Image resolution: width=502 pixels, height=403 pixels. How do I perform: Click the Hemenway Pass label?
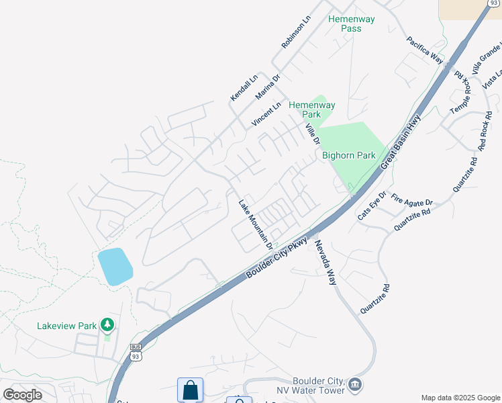pos(346,24)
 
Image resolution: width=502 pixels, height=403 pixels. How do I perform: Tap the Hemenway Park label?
pos(312,110)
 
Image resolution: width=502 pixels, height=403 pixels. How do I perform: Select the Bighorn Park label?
pos(349,155)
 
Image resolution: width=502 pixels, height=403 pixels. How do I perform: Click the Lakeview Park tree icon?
pos(107,325)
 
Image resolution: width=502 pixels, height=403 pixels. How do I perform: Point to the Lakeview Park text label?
pos(67,326)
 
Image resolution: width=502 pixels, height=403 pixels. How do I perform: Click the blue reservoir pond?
pos(115,267)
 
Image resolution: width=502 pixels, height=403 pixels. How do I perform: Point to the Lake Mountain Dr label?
pos(256,223)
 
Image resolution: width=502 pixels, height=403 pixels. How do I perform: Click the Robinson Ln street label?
pos(296,32)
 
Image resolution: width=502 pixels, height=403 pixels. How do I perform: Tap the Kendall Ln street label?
pos(244,88)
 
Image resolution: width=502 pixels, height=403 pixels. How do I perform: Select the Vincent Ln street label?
pos(266,115)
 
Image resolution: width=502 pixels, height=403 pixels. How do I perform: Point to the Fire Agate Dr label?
pos(412,201)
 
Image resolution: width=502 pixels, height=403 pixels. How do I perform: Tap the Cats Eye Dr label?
pos(372,206)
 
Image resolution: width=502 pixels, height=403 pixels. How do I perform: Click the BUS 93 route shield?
pos(136,352)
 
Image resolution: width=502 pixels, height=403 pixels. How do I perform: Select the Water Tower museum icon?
pos(356,385)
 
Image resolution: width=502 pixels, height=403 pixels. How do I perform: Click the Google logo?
pos(22,395)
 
